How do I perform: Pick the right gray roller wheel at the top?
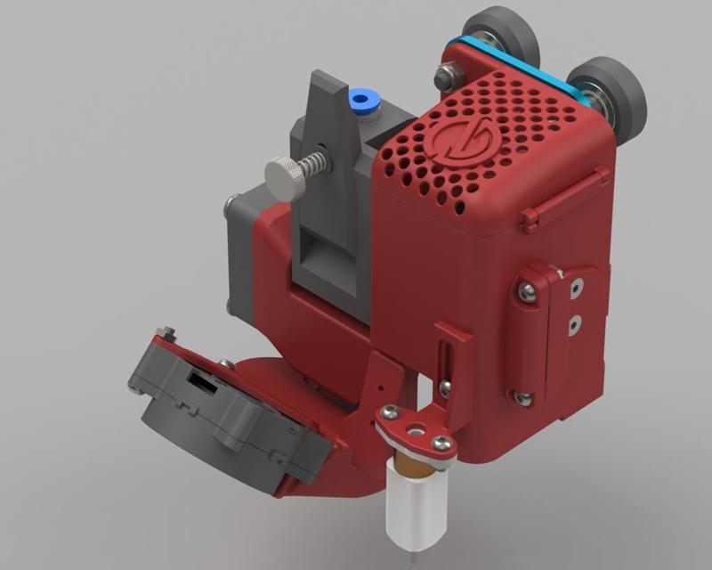click(x=609, y=98)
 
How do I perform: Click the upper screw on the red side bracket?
click(x=527, y=289)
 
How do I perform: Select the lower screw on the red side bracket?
click(x=524, y=397)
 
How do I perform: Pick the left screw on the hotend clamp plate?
click(x=388, y=413)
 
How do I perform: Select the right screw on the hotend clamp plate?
click(x=439, y=442)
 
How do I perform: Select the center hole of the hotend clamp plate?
click(x=413, y=430)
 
